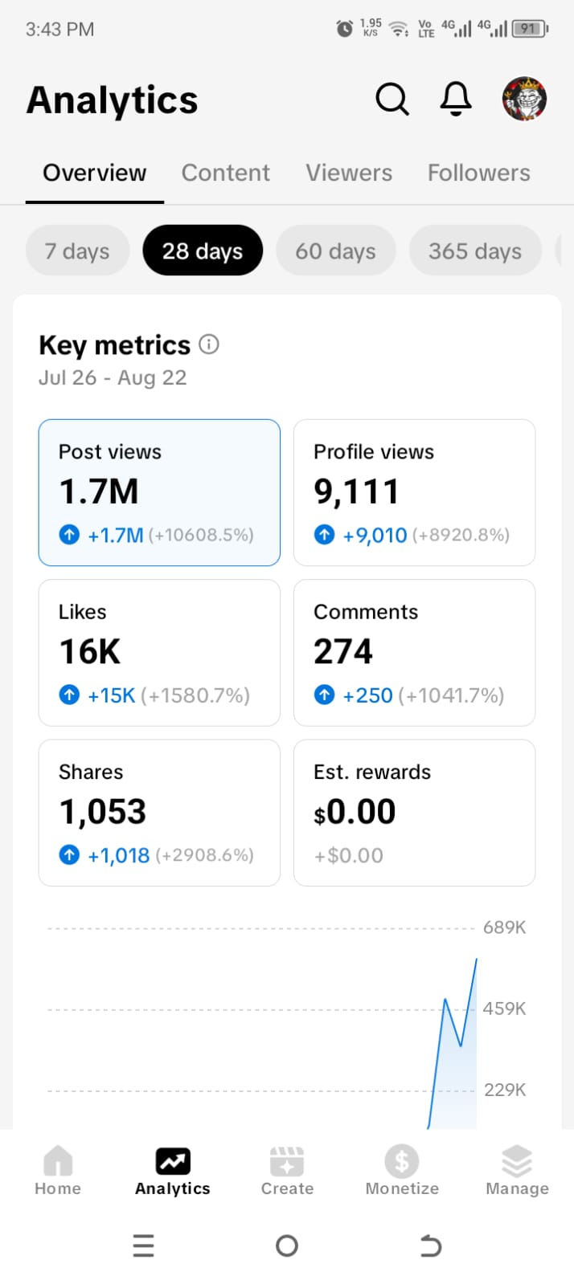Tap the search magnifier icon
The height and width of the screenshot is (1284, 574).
(392, 100)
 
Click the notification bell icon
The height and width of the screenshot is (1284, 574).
(456, 100)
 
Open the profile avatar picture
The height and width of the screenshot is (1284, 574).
(524, 100)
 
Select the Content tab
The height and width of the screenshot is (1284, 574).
(225, 173)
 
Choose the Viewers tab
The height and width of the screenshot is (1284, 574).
(349, 173)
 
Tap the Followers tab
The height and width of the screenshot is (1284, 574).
(478, 173)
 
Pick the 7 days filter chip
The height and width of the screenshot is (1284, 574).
(77, 251)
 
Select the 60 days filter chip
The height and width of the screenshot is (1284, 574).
(335, 251)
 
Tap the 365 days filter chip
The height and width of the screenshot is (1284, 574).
(474, 251)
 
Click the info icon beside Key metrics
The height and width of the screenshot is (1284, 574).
(209, 344)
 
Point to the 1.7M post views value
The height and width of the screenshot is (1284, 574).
(99, 491)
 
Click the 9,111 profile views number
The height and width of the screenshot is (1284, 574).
(356, 491)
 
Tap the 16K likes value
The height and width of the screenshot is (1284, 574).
(90, 651)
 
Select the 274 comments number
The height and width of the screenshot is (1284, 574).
(343, 651)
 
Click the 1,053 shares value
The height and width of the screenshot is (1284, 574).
(103, 812)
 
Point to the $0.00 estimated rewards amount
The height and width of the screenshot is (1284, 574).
(355, 812)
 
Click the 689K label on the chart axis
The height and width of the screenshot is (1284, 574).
(504, 927)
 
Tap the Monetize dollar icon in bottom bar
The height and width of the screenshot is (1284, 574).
(402, 1161)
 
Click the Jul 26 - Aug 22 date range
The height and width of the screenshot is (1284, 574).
(113, 377)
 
